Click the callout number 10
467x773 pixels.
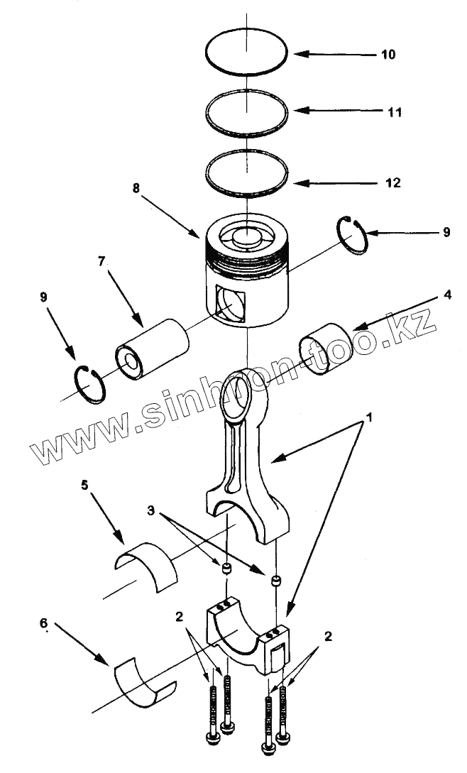point(388,55)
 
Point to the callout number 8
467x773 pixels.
point(136,189)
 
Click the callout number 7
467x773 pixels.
point(102,262)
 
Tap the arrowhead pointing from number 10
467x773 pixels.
point(299,54)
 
